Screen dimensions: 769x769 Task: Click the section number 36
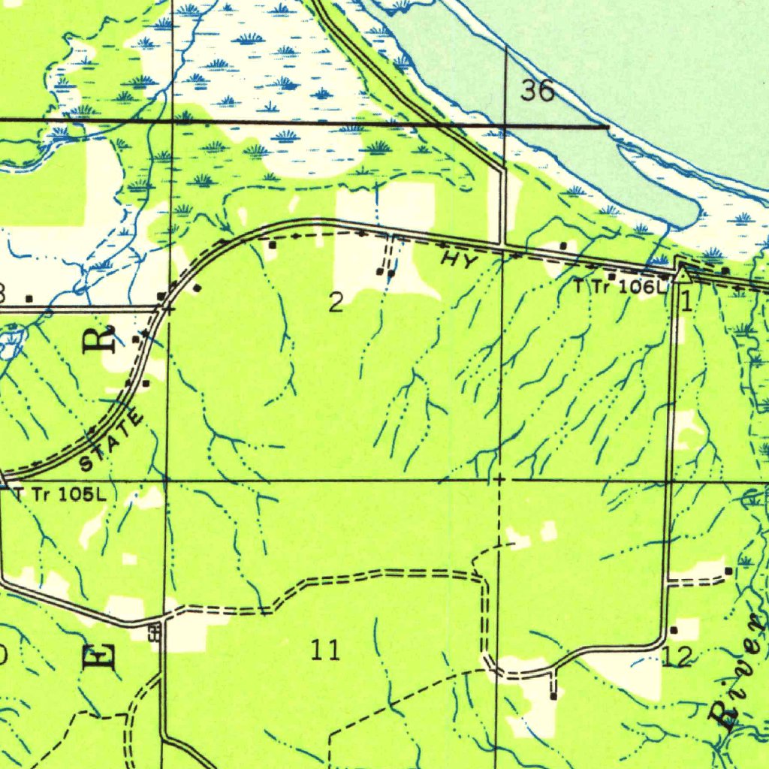point(538,91)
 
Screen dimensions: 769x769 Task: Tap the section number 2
point(336,302)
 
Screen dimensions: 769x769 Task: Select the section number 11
point(326,650)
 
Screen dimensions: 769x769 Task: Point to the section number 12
point(677,656)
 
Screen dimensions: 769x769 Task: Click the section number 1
point(686,301)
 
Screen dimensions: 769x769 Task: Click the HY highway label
point(459,261)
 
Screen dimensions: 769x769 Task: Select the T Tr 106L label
point(620,286)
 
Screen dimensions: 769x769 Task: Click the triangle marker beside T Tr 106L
point(682,275)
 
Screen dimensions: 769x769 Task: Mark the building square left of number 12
point(674,629)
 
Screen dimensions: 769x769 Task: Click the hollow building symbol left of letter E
point(154,633)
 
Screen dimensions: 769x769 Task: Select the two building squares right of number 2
point(385,272)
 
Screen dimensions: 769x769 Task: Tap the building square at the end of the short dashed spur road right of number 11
point(553,696)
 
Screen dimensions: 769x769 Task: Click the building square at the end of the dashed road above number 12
point(728,571)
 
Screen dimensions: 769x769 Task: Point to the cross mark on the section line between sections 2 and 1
point(500,478)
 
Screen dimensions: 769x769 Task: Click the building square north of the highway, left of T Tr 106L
point(564,246)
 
